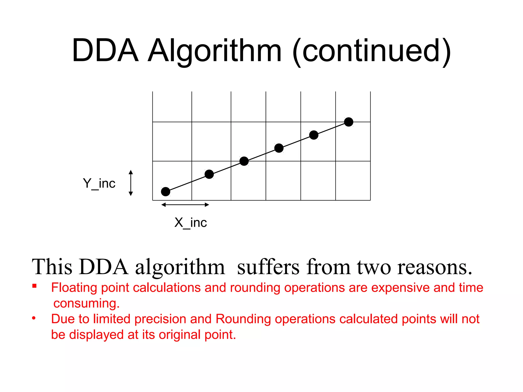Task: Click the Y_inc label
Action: pyautogui.click(x=99, y=183)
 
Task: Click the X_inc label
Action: pyautogui.click(x=191, y=223)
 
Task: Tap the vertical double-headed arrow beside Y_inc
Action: pyautogui.click(x=131, y=183)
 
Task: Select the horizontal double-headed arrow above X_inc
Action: pyautogui.click(x=185, y=205)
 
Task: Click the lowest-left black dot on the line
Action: pyautogui.click(x=165, y=191)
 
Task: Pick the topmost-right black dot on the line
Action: pyautogui.click(x=349, y=122)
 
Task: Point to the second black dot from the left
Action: pyautogui.click(x=209, y=174)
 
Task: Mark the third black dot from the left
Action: pyautogui.click(x=244, y=161)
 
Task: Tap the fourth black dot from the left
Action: pyautogui.click(x=279, y=148)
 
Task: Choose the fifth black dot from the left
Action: pyautogui.click(x=314, y=135)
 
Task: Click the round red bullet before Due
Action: pyautogui.click(x=34, y=318)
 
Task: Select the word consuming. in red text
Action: pyautogui.click(x=86, y=303)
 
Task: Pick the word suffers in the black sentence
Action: pyautogui.click(x=268, y=267)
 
